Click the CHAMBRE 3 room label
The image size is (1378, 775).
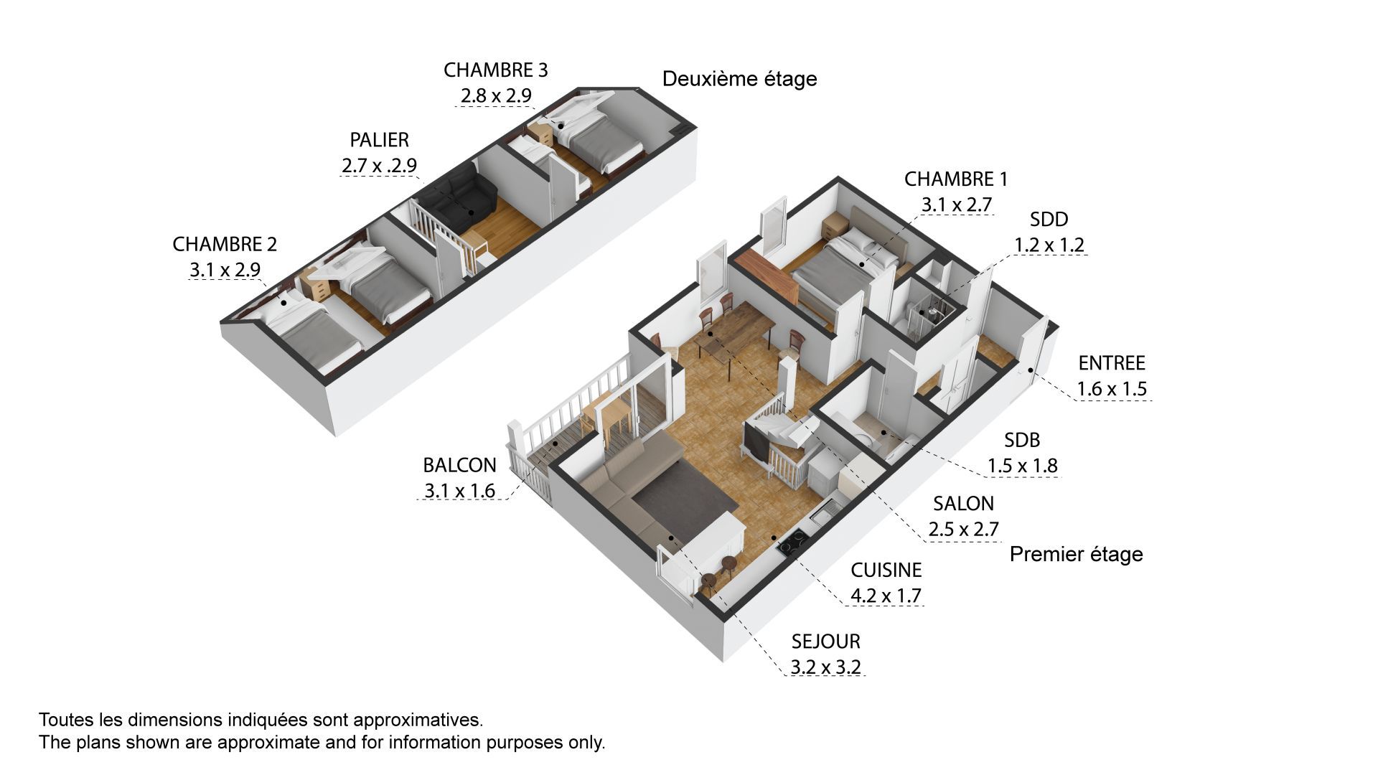(495, 70)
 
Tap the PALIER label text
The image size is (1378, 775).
(379, 139)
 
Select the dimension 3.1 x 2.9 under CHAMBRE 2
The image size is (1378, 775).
(225, 270)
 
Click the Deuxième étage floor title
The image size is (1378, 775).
(739, 79)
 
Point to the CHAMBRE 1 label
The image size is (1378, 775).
(956, 179)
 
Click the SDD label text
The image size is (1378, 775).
(1049, 219)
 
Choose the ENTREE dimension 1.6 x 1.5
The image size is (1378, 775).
(1112, 389)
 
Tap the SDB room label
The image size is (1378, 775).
(1022, 440)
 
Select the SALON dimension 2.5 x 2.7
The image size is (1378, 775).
(963, 530)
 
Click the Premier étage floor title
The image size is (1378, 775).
(1076, 554)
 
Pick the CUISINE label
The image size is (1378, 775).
(886, 570)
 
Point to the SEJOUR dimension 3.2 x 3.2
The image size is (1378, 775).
(825, 667)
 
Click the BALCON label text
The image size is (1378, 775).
(459, 465)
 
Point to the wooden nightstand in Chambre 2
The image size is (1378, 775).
(315, 283)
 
